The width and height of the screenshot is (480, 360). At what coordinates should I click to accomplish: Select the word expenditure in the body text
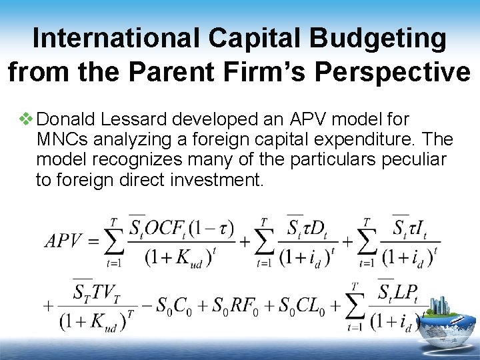pyautogui.click(x=353, y=140)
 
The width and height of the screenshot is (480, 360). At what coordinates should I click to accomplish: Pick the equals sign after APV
pyautogui.click(x=93, y=241)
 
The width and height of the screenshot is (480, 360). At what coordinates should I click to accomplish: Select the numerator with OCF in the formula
pyautogui.click(x=181, y=228)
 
